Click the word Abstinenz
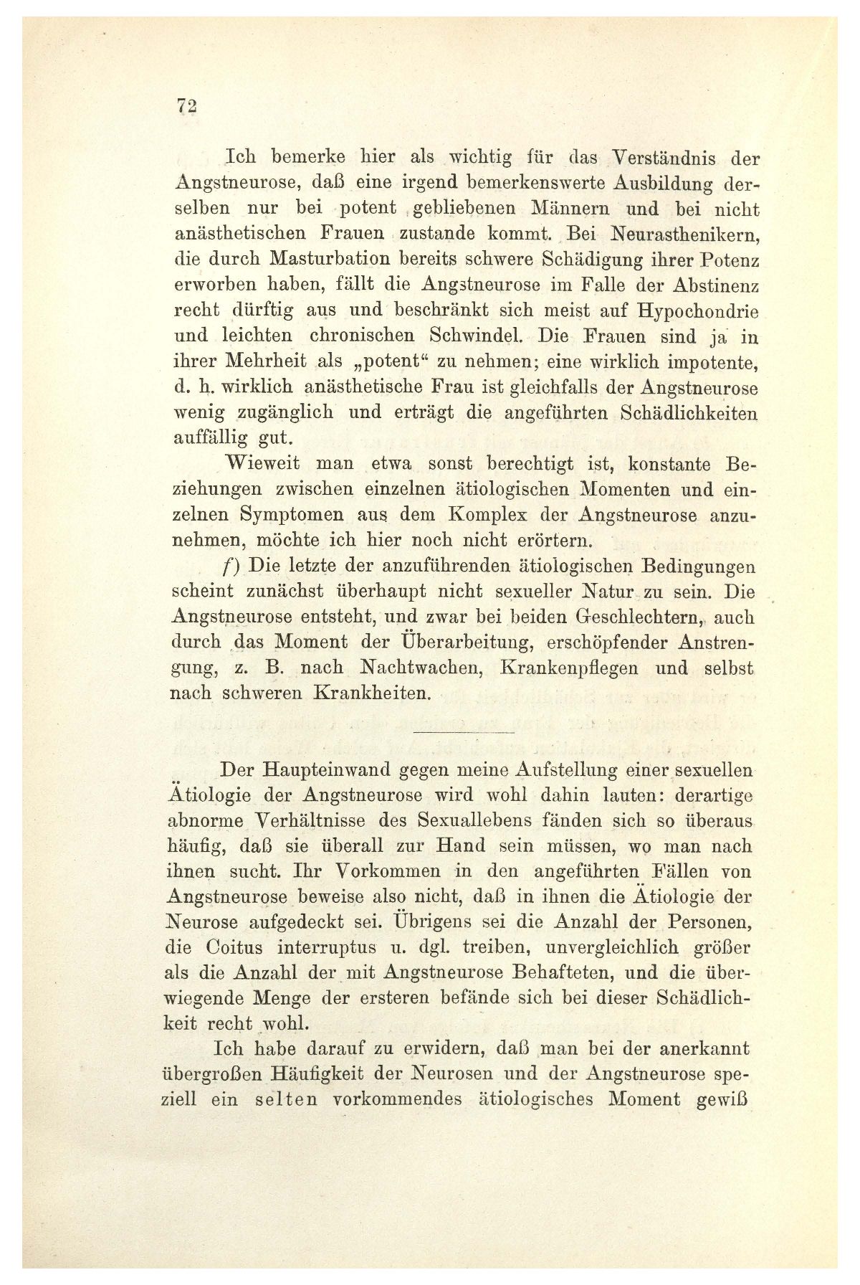coord(708,285)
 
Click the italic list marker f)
coord(232,566)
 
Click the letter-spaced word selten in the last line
coord(285,1100)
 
